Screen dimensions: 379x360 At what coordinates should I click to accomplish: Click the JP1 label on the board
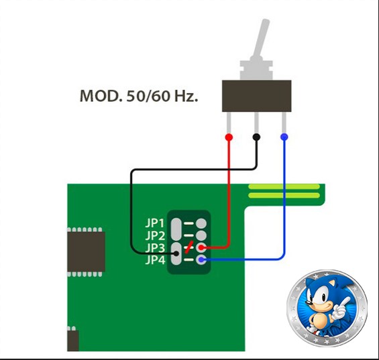155,223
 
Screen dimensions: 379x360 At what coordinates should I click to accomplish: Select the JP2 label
155,235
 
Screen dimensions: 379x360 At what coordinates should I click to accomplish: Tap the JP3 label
155,247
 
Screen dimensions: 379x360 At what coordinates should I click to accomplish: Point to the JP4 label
155,260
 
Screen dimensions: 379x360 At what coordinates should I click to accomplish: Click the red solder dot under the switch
229,137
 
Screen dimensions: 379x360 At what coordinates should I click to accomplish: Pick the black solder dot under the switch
256,137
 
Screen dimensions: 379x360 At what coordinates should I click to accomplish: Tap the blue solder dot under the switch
284,137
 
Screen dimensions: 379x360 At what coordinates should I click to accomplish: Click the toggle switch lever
260,39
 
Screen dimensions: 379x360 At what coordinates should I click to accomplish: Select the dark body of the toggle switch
256,96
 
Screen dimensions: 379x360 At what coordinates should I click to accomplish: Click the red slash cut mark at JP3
188,247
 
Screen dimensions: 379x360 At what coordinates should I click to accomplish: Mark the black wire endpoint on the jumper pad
176,253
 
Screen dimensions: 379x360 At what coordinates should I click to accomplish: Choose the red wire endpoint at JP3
201,247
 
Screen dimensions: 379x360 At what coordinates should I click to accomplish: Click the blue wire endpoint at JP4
201,260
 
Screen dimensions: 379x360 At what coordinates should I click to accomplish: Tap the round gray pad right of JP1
201,223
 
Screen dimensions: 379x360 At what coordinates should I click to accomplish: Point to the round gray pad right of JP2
201,235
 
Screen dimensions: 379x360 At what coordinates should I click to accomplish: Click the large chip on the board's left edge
86,252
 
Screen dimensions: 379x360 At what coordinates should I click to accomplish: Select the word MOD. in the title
101,96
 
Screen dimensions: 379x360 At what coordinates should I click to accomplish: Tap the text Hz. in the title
186,96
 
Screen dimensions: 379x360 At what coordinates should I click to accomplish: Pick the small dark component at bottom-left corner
72,339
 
